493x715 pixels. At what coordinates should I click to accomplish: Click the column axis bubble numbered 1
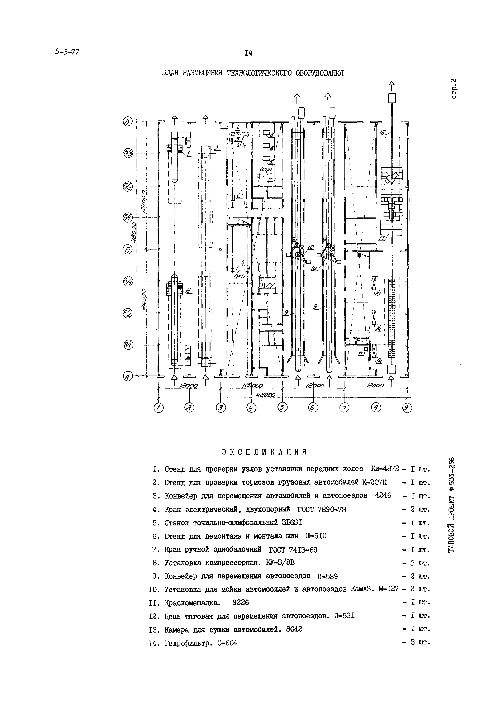[158, 408]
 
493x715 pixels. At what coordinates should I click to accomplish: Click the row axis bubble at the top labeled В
[127, 122]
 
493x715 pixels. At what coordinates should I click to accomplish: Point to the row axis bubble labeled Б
[127, 249]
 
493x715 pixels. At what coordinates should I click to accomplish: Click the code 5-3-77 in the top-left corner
[67, 52]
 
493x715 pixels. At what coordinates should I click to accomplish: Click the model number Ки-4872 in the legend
[385, 469]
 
